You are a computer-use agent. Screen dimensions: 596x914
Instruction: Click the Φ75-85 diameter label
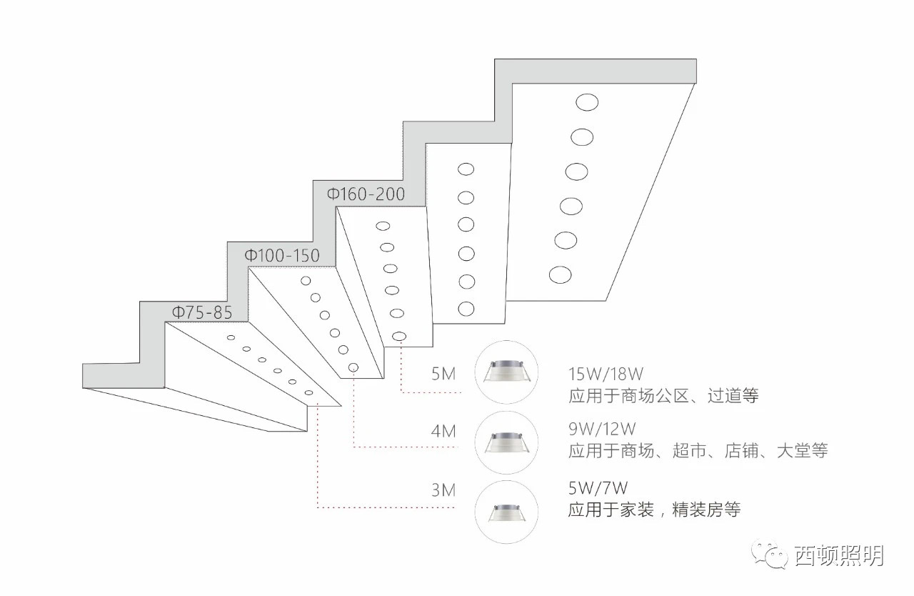click(201, 312)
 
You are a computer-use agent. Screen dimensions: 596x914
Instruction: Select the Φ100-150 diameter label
click(282, 255)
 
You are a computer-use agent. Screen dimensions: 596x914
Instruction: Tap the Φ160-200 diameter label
click(366, 194)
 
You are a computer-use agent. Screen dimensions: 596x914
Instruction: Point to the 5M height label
click(443, 374)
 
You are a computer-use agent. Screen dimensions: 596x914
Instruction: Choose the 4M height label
click(443, 432)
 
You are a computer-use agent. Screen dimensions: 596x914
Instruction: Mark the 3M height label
click(443, 490)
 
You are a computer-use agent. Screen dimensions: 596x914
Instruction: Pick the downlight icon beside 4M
click(506, 442)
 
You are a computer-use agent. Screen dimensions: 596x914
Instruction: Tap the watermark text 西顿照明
click(839, 556)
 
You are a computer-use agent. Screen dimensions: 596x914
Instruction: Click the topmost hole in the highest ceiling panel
click(587, 102)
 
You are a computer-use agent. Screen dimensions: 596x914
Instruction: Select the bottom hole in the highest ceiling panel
click(560, 274)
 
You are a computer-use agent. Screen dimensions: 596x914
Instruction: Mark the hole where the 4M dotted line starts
click(353, 368)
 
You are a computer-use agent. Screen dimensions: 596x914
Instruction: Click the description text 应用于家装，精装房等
click(654, 510)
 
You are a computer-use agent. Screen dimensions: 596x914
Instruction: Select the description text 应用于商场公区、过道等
click(663, 395)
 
